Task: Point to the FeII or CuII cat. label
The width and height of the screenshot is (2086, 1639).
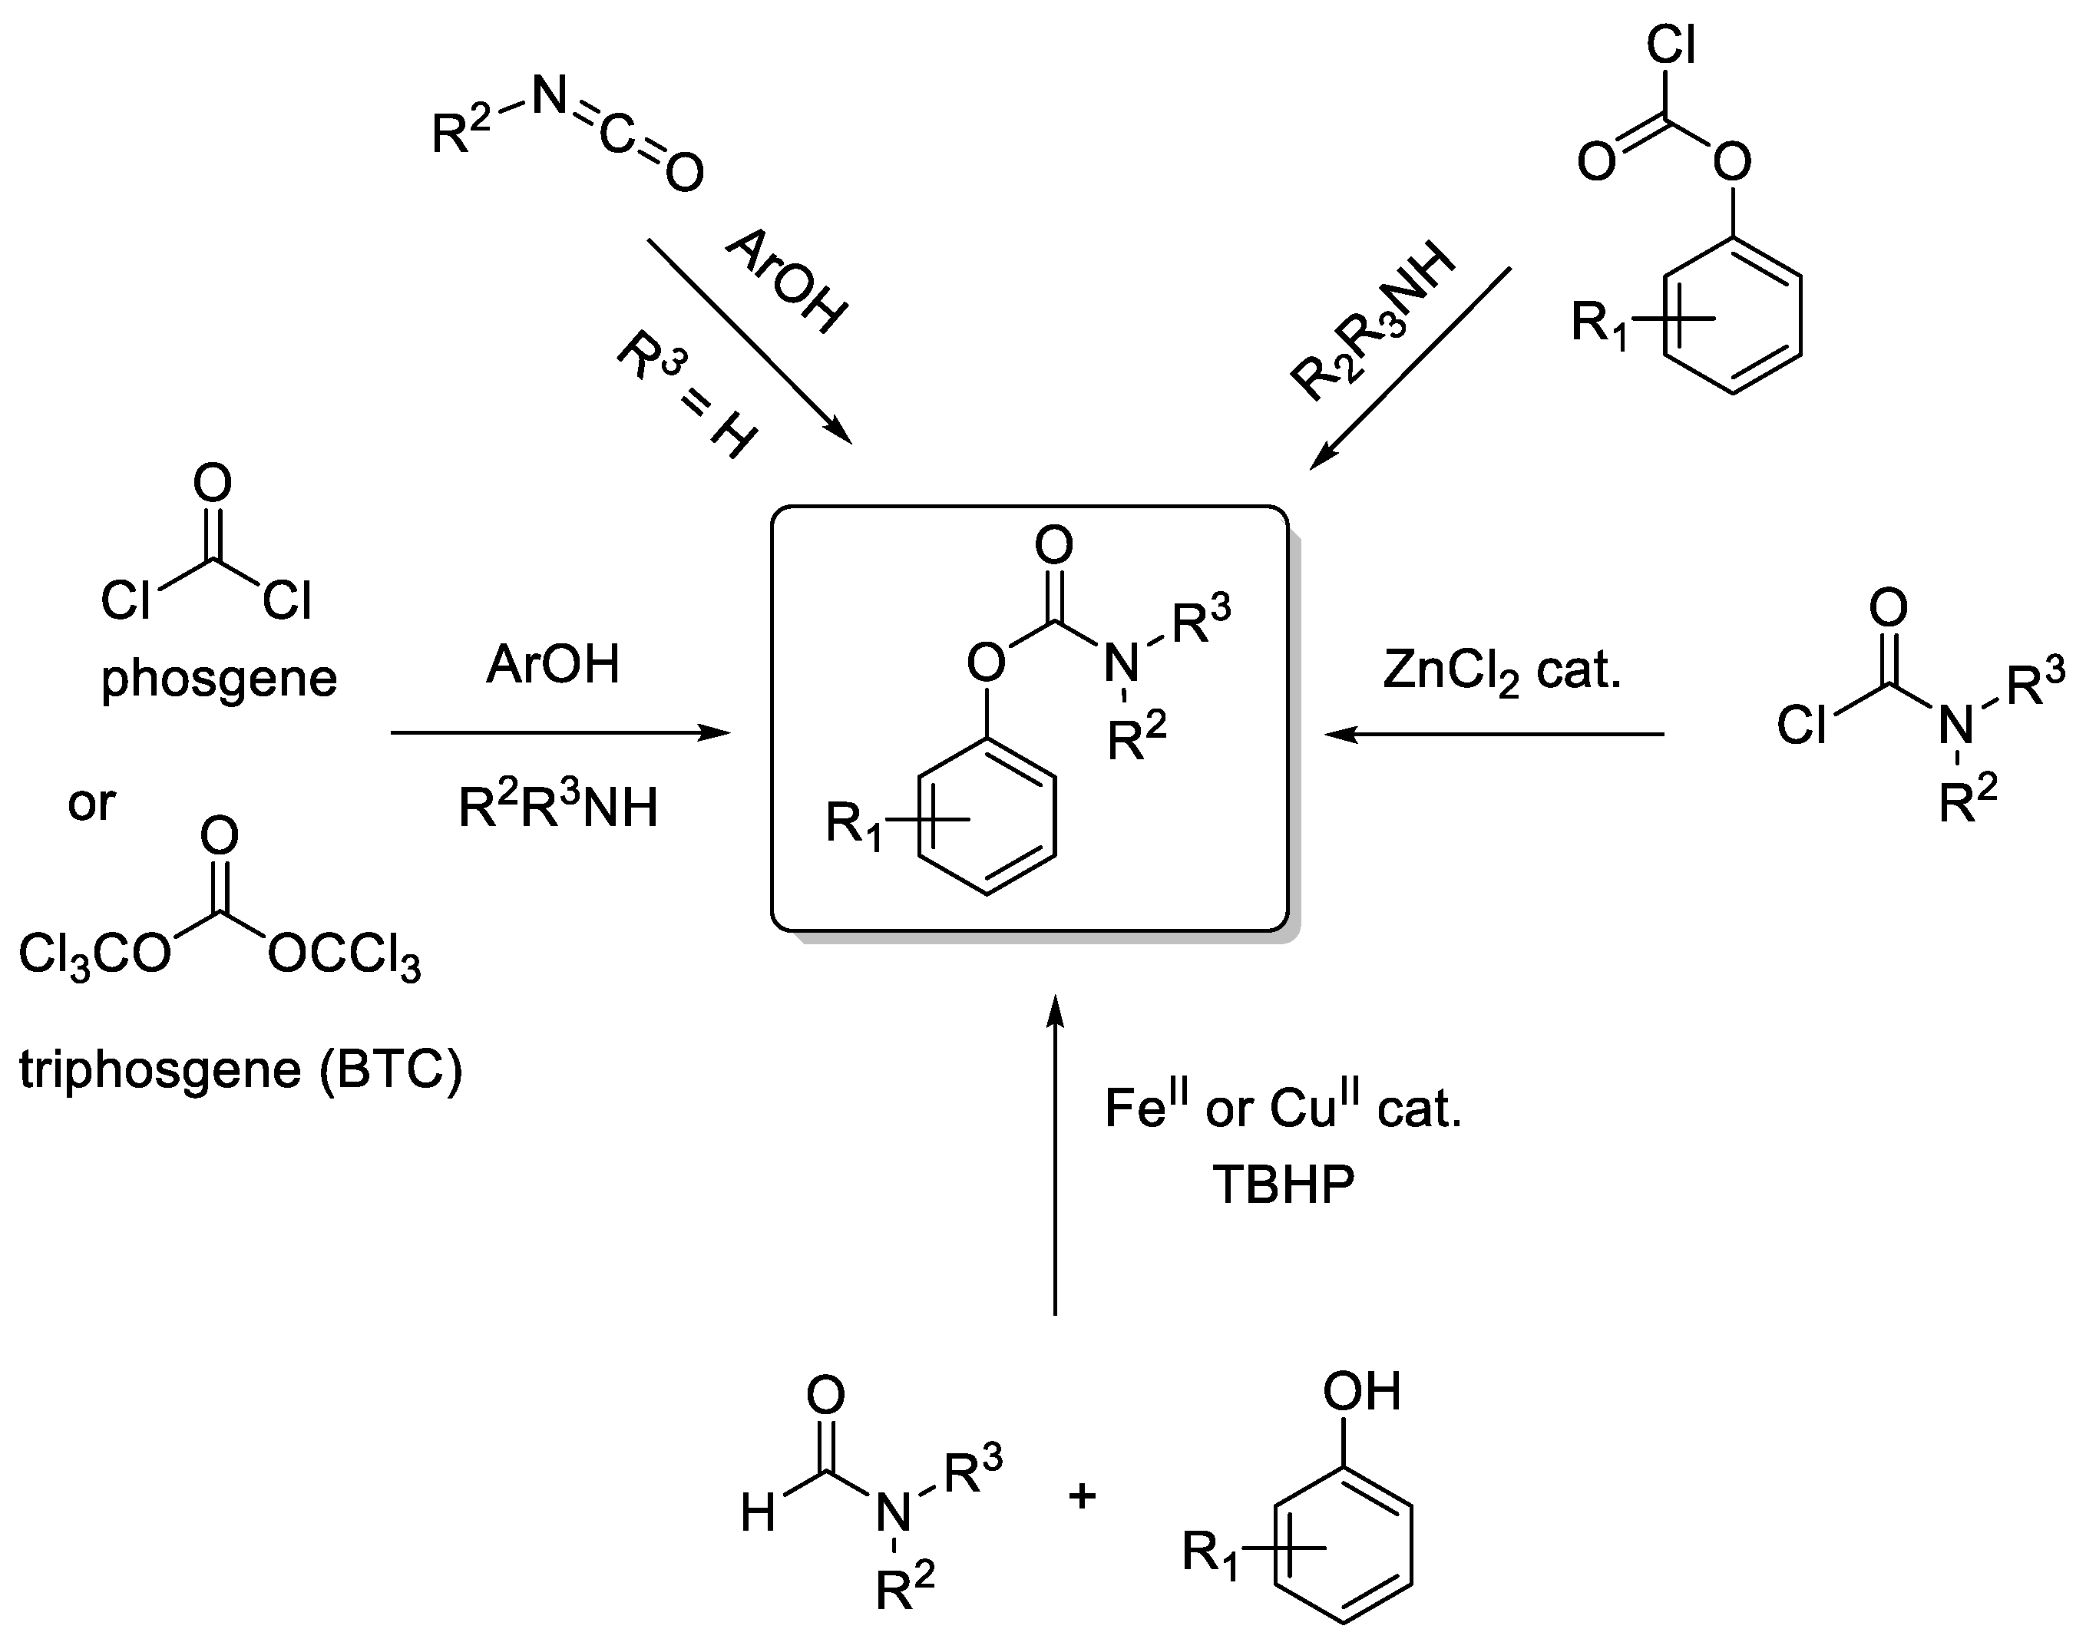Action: [x=1283, y=1109]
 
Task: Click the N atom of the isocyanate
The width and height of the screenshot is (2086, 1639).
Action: [x=549, y=95]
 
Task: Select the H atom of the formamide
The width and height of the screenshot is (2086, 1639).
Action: [x=757, y=1514]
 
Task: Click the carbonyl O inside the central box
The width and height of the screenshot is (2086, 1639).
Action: [x=1053, y=546]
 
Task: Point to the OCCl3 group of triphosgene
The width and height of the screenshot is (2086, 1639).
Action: [x=342, y=956]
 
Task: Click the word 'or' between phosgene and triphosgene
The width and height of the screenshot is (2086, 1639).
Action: [x=91, y=803]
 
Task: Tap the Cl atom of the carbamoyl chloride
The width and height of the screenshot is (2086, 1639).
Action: [x=1801, y=725]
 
